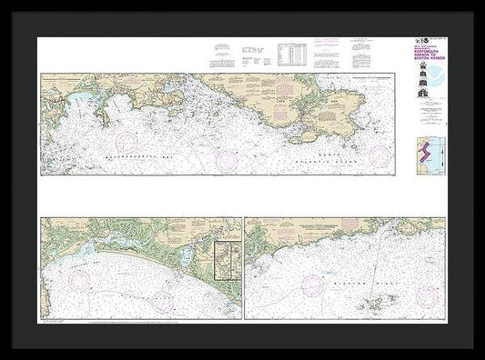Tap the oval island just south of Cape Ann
pos(308,137)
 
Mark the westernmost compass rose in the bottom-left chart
pos(81,278)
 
